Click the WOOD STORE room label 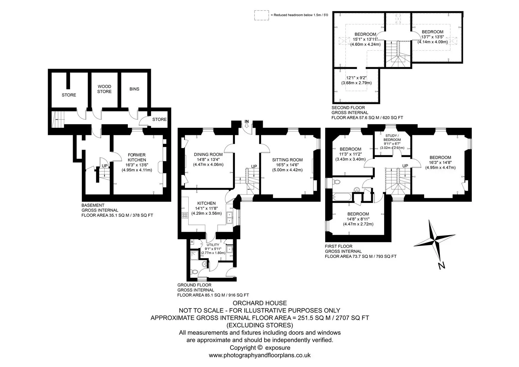point(104,89)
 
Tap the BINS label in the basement point(134,89)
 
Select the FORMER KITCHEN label point(137,157)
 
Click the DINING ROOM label point(208,155)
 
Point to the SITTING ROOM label point(287,160)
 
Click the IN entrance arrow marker point(247,125)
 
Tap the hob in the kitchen point(185,215)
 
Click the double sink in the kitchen point(229,217)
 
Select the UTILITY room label point(213,245)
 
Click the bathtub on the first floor point(342,197)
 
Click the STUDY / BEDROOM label point(392,138)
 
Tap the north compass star point(434,241)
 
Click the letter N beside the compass point(442,266)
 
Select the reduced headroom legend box point(262,15)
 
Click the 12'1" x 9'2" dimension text point(356,78)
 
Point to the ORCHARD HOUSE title point(260,303)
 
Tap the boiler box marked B point(192,242)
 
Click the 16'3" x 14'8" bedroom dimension point(440,163)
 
